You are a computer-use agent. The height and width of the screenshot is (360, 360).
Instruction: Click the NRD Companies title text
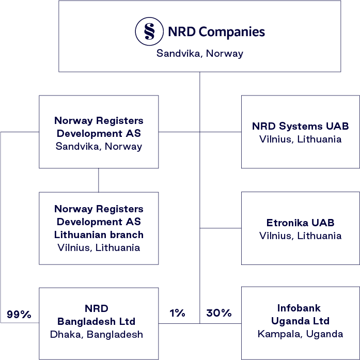coord(216,32)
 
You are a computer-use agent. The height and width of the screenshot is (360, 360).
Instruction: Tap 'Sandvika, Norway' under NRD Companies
coord(200,53)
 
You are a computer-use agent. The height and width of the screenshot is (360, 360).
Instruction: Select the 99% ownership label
coord(19,314)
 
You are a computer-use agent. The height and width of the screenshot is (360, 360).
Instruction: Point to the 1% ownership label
coord(177,312)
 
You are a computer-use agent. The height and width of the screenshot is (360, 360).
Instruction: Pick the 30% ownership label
coord(218,312)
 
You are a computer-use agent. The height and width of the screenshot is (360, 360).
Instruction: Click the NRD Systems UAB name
coord(300,126)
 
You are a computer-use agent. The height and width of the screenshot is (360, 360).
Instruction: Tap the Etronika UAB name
coord(300,223)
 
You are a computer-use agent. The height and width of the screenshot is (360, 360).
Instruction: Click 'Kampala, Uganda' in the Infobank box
coord(300,334)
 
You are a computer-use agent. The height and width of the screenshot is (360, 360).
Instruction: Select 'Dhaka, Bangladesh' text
coord(97,334)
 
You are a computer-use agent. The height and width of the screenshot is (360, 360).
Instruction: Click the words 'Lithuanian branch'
coord(99,234)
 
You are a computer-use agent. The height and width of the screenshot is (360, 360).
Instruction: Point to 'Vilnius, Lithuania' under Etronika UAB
coord(300,236)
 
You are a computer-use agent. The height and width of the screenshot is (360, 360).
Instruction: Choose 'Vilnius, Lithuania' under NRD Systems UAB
coord(300,139)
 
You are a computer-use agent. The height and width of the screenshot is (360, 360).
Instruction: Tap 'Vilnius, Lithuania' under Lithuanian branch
coord(99,247)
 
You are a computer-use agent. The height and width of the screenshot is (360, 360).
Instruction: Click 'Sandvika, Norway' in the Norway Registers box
coord(99,146)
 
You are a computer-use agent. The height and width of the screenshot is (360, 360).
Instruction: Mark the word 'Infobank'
coord(300,308)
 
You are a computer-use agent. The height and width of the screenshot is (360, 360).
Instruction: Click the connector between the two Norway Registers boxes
coord(99,180)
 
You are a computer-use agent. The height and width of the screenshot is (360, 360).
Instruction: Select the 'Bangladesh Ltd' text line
coord(97,321)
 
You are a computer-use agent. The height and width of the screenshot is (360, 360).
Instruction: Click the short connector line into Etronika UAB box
coord(221,228)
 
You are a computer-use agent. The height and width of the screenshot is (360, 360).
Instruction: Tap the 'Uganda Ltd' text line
coord(300,321)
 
